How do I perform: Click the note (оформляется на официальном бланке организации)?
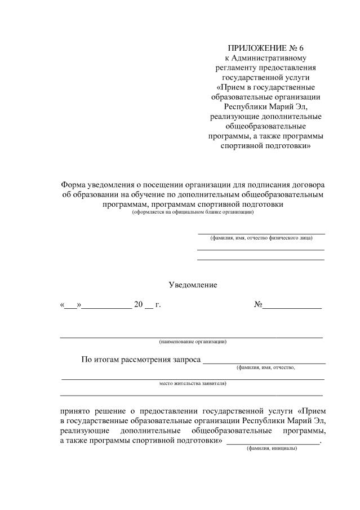coord(193,212)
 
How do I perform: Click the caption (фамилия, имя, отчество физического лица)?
coord(261,238)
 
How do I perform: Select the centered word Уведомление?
coord(193,285)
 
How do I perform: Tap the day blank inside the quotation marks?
coord(71,306)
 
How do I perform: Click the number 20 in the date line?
coord(138,305)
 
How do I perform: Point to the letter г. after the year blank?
coord(158,305)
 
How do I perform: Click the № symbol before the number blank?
coord(259,305)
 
